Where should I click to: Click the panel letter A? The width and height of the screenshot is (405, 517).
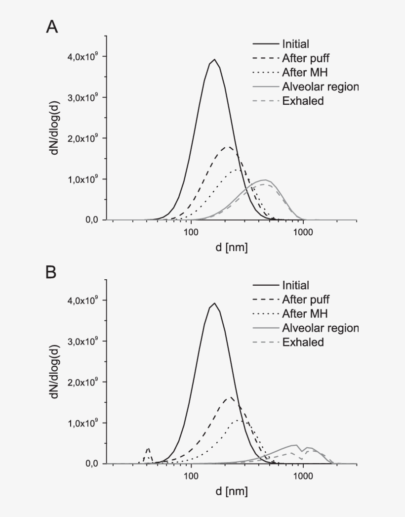(52, 27)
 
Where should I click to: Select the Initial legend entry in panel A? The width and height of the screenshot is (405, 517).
(296, 44)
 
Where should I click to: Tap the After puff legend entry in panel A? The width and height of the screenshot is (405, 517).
(305, 58)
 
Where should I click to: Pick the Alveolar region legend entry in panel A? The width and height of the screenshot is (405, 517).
(320, 87)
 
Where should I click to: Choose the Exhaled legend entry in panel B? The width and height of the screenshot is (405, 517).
(303, 342)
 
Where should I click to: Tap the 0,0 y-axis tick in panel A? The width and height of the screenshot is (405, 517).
(94, 220)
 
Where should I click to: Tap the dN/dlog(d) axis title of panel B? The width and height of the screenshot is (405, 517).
(56, 382)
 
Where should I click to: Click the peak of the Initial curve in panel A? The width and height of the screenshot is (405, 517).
(214, 60)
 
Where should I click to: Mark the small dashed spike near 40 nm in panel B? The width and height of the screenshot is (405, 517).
(148, 448)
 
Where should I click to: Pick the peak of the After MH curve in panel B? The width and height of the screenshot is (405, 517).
(239, 421)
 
